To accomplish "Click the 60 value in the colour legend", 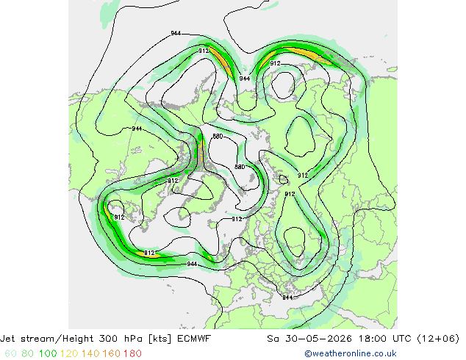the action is pos(10,353).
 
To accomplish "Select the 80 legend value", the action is pos(28,353).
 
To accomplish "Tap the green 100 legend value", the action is pos(48,353).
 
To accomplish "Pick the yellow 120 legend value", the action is pos(69,353).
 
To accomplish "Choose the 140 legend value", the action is pos(90,353).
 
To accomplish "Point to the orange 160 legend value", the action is pos(112,353).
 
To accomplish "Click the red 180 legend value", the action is pos(132,353).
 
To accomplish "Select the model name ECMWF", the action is pos(194,339).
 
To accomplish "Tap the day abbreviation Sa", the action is pos(273,339).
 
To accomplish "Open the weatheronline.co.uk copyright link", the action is pos(351,353).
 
